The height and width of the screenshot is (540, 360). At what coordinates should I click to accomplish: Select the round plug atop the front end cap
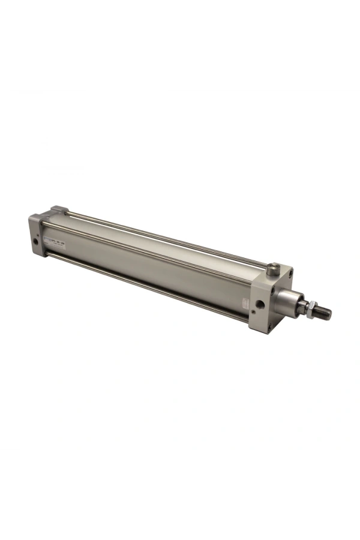point(274,268)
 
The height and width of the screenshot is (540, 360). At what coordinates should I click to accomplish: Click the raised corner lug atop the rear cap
point(58,210)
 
